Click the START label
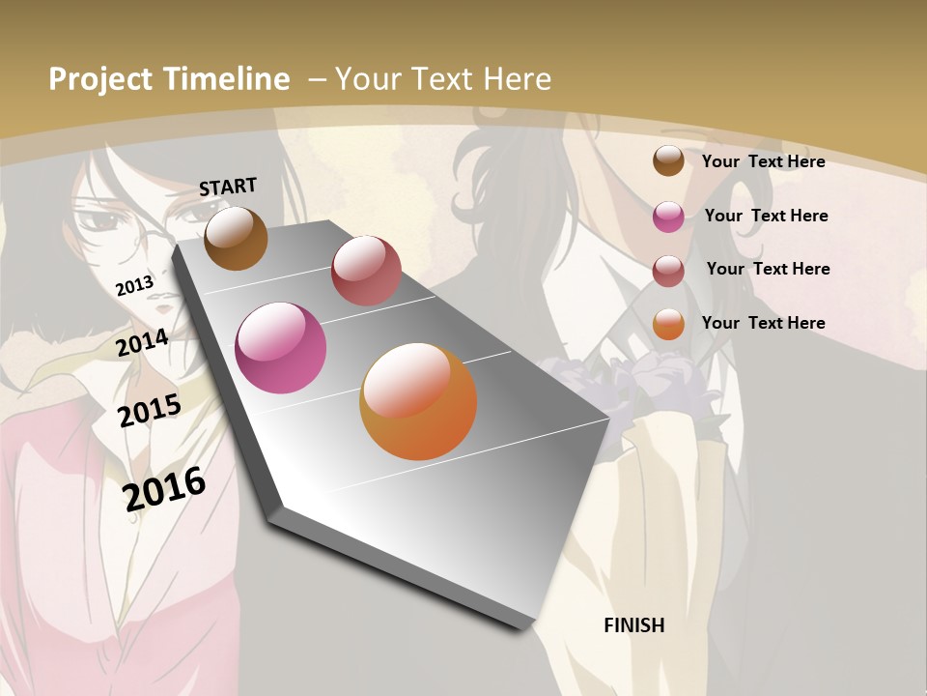pyautogui.click(x=228, y=187)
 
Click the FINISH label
pyautogui.click(x=633, y=625)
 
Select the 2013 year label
pyautogui.click(x=134, y=285)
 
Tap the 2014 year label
pyautogui.click(x=142, y=342)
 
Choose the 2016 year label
pyautogui.click(x=164, y=488)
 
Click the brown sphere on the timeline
pyautogui.click(x=236, y=239)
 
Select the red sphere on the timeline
pyautogui.click(x=366, y=271)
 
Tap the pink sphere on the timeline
pyautogui.click(x=281, y=348)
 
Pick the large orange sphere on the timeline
pyautogui.click(x=418, y=401)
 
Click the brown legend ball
pyautogui.click(x=668, y=160)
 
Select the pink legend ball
pyautogui.click(x=668, y=217)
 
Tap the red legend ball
pyautogui.click(x=668, y=270)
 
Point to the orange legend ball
pyautogui.click(x=668, y=324)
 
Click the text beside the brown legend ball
pyautogui.click(x=763, y=161)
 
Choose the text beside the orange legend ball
pyautogui.click(x=763, y=323)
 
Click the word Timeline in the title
pyautogui.click(x=227, y=79)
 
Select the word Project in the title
pyautogui.click(x=101, y=79)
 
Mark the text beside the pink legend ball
pyautogui.click(x=766, y=216)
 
